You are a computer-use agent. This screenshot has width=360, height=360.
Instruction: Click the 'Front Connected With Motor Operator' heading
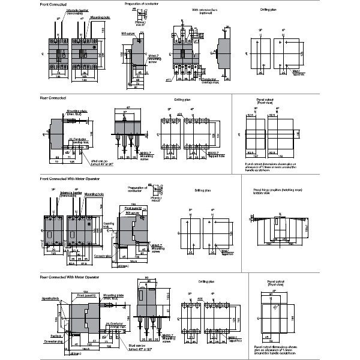(x=61, y=179)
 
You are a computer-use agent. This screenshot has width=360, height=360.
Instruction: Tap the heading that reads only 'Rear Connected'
(x=49, y=97)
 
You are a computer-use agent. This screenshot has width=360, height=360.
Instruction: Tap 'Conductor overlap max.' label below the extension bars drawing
(x=209, y=80)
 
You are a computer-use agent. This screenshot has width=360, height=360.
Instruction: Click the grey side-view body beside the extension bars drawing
(x=223, y=54)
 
